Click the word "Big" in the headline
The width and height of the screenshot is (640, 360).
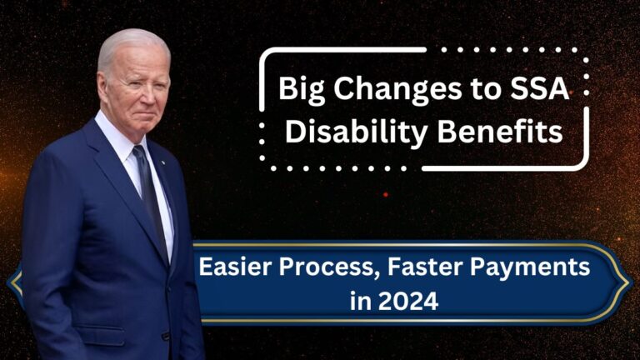pos(302,90)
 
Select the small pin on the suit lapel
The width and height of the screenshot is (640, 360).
pos(162,162)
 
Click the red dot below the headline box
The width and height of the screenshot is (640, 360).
pos(386,195)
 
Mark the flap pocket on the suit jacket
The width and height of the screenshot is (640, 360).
pos(101,332)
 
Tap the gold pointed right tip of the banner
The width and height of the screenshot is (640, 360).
pos(630,282)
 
